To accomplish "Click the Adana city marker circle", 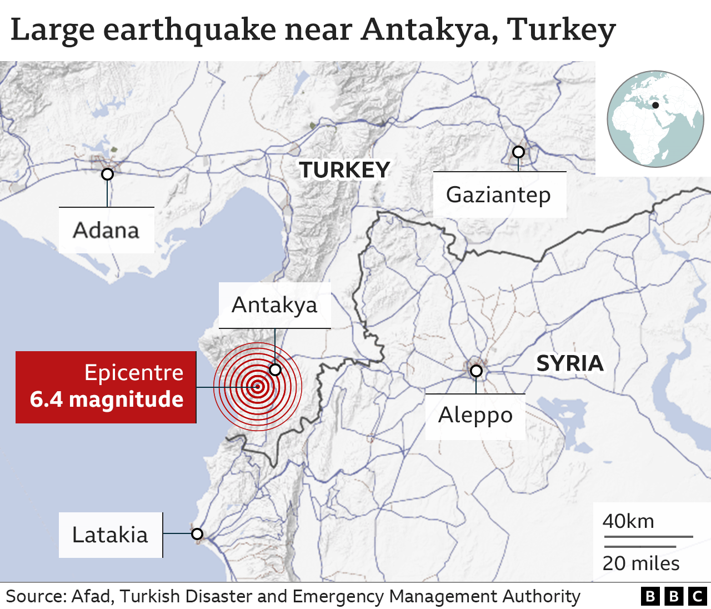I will point(107,174).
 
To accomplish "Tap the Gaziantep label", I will point(498,195).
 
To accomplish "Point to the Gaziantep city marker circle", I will point(518,152).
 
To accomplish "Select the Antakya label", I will point(274,305).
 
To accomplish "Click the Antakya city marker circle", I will point(275,370).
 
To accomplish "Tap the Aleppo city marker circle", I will point(476,371).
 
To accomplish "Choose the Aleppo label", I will point(475,415).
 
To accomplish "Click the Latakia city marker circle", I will point(197,534).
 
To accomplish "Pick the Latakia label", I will point(110,535).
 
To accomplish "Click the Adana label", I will point(106,230).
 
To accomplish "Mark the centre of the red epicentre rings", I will point(257,387).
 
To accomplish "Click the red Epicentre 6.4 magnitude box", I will point(106,387).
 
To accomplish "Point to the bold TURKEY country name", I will point(344,170).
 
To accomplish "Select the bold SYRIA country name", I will point(569,363).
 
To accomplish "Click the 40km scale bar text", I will point(628,521).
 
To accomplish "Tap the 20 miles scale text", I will point(641,563).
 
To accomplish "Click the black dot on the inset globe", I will point(655,105).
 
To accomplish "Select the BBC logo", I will point(673,596).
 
